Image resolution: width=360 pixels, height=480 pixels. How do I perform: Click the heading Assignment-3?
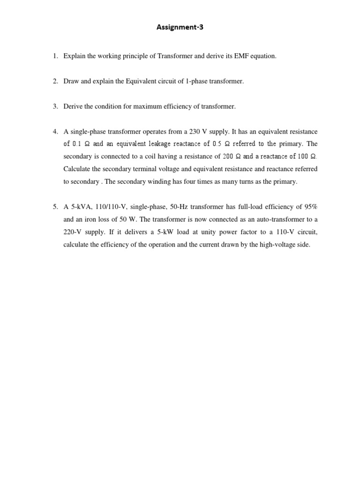pos(180,27)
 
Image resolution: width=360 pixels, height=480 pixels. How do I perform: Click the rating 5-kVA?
pos(81,207)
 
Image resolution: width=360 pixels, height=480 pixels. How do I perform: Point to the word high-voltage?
pos(279,245)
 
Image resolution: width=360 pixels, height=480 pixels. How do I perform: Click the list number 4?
pos(56,132)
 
